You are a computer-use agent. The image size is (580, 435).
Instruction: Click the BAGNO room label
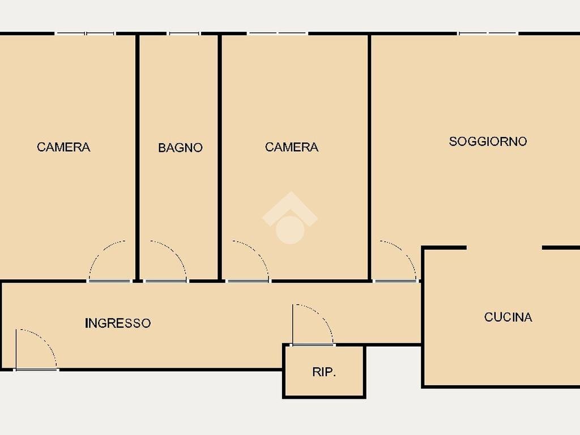click(x=180, y=148)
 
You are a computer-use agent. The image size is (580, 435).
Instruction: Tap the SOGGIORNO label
click(x=488, y=141)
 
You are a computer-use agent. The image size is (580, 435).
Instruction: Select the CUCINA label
click(x=508, y=317)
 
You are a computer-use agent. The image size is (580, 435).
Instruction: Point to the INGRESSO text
click(x=118, y=323)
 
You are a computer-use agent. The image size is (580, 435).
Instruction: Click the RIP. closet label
click(x=324, y=372)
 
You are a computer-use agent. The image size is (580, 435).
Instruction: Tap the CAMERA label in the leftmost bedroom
click(x=63, y=147)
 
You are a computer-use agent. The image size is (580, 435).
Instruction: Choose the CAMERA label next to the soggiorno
click(x=292, y=147)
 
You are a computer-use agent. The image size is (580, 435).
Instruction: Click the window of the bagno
click(x=184, y=33)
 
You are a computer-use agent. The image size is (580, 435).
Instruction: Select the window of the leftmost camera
click(x=85, y=33)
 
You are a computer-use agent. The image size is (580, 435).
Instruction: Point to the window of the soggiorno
click(x=488, y=33)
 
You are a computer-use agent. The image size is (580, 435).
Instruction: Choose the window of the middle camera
click(x=277, y=33)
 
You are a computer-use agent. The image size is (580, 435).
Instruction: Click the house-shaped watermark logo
click(x=290, y=217)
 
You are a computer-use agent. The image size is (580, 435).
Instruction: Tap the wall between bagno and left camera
click(x=137, y=157)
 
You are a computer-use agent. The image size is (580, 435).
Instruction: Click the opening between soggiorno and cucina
click(x=504, y=248)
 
